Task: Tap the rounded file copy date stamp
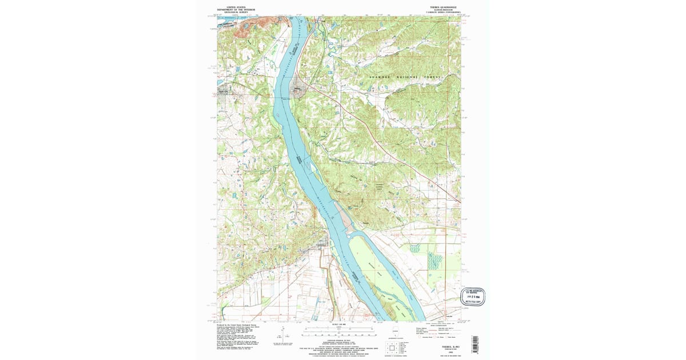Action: pyautogui.click(x=473, y=295)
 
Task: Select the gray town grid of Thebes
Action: pyautogui.click(x=298, y=90)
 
